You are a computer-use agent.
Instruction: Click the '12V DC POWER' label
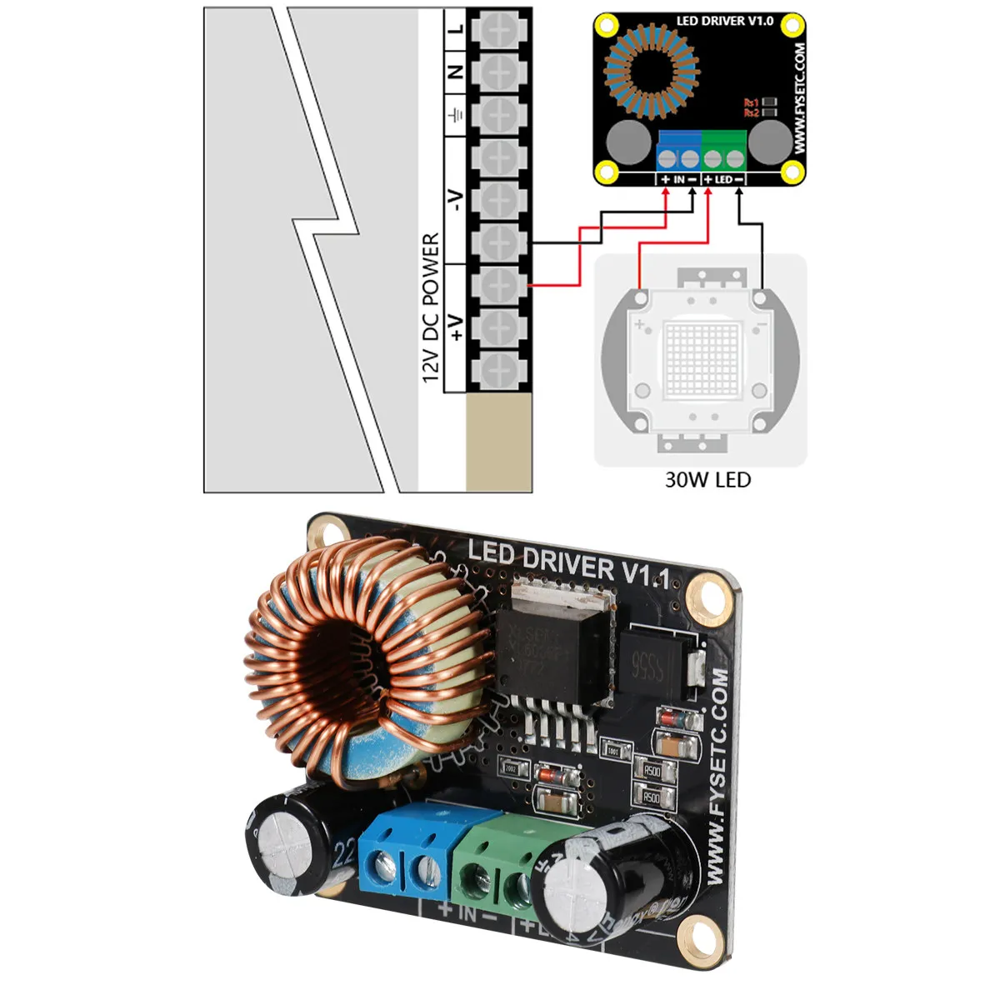(x=431, y=308)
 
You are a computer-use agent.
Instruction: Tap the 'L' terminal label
(x=455, y=29)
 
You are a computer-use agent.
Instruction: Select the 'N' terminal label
(x=455, y=72)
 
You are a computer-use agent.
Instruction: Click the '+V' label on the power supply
(x=455, y=327)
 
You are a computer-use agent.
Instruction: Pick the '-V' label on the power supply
(x=455, y=200)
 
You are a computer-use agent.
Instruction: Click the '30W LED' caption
(x=707, y=480)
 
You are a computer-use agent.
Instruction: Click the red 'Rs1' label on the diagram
(x=751, y=102)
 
